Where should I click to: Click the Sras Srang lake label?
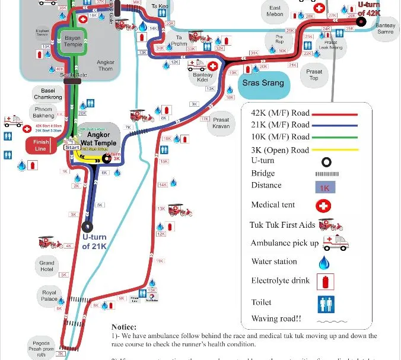point(263,83)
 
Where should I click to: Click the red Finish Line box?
point(42,145)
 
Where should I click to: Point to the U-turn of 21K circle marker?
point(88,226)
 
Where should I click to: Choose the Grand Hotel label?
point(47,265)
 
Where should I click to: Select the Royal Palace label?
point(49,296)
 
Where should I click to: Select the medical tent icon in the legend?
point(324,206)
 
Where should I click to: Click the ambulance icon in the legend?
point(335,243)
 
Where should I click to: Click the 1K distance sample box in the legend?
point(324,187)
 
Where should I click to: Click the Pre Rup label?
point(279,39)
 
